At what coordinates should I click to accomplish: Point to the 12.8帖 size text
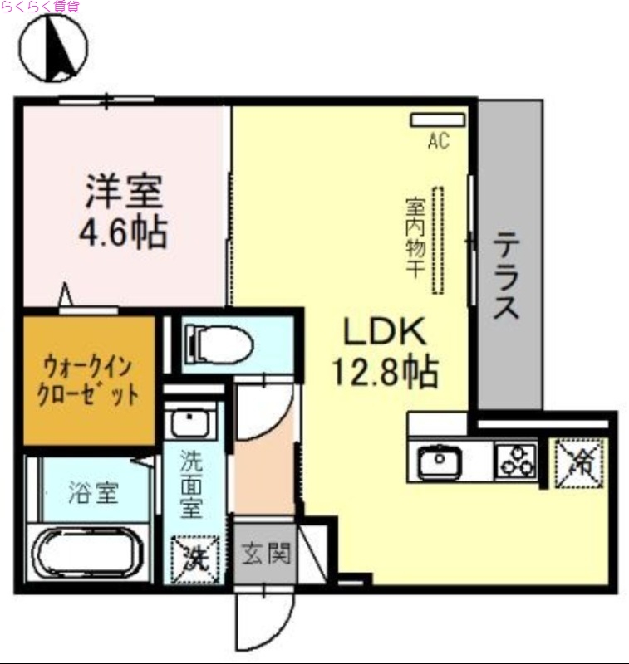click(385, 373)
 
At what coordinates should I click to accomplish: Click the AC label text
click(438, 142)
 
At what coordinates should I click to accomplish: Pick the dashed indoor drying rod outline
click(438, 241)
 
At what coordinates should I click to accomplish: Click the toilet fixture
click(218, 341)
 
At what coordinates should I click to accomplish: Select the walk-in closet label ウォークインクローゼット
click(89, 379)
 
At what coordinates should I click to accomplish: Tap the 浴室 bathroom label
click(92, 494)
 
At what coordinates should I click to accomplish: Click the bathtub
click(87, 554)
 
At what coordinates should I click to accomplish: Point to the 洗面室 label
click(193, 482)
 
